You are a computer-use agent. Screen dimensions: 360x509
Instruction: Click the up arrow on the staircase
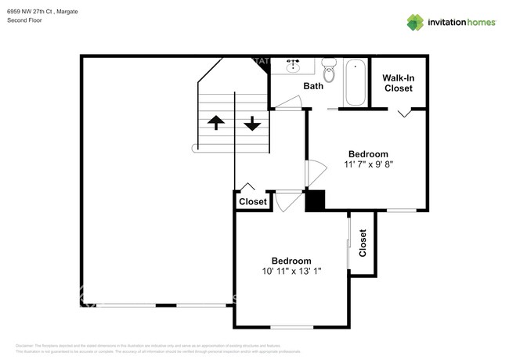[x=214, y=123]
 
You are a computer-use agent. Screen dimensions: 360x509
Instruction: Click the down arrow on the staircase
[x=252, y=123]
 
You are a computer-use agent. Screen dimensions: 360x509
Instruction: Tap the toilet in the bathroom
[x=330, y=71]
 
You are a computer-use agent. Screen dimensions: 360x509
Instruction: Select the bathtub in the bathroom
[x=355, y=82]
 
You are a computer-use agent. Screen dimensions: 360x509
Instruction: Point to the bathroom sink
[x=294, y=65]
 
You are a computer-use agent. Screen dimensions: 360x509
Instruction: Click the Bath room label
[x=313, y=86]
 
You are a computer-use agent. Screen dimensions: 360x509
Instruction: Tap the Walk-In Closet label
[x=398, y=83]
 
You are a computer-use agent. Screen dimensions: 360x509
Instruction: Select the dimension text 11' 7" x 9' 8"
[x=367, y=165]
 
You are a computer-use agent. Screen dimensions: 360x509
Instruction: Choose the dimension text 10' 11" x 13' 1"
[x=291, y=272]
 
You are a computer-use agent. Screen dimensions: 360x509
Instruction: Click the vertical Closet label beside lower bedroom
[x=363, y=244]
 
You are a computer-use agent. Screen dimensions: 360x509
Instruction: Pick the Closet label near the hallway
[x=252, y=202]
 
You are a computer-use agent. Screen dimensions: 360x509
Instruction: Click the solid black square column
[x=315, y=200]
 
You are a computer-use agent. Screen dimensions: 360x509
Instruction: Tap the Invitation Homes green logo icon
[x=415, y=22]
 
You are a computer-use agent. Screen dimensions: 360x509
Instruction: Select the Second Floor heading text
[x=24, y=20]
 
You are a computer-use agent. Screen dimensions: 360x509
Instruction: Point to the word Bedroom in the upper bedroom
[x=367, y=154]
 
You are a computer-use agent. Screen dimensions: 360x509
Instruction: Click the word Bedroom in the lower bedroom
[x=291, y=261]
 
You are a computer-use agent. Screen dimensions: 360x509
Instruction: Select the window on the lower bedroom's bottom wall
[x=291, y=326]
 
